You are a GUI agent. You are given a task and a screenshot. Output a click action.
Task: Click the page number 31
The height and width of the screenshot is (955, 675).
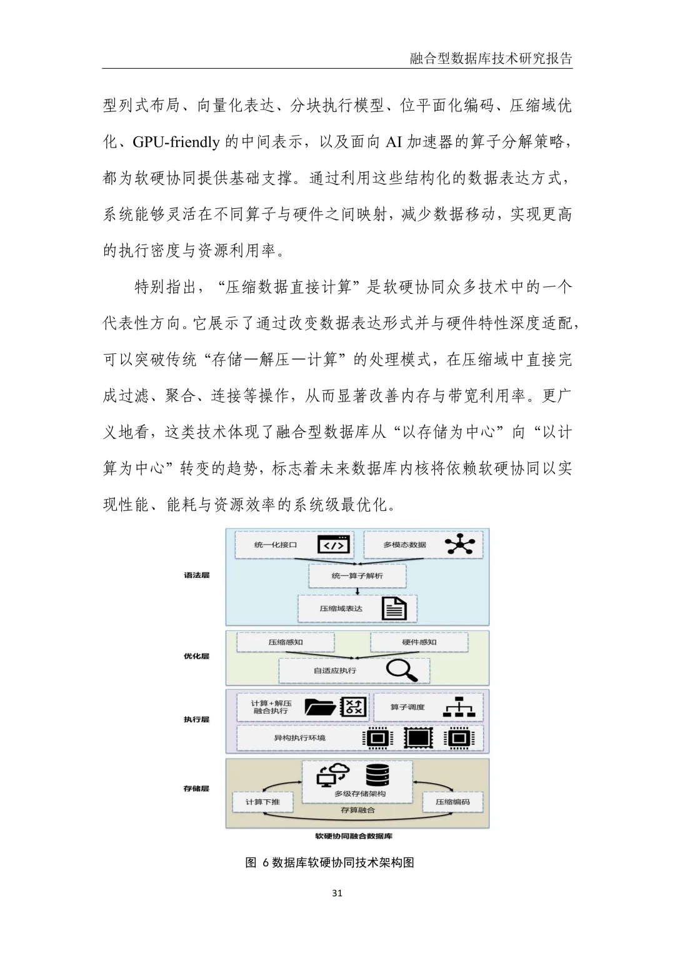click(x=337, y=893)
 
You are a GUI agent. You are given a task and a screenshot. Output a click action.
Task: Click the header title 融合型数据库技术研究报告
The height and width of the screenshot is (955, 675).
click(x=491, y=59)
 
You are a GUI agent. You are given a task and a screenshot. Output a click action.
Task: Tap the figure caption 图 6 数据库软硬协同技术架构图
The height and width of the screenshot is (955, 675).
click(x=330, y=862)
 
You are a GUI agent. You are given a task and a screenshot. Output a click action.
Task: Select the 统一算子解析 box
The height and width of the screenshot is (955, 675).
click(x=357, y=575)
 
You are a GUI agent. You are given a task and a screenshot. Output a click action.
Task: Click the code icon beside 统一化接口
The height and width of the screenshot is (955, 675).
click(x=333, y=545)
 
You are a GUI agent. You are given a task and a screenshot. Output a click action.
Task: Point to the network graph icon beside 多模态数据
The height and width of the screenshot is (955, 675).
click(x=459, y=545)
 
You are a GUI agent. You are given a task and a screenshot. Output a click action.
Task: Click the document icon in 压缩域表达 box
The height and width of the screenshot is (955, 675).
click(x=394, y=608)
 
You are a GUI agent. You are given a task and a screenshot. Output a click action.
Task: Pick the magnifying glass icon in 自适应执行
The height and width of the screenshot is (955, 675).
click(x=401, y=670)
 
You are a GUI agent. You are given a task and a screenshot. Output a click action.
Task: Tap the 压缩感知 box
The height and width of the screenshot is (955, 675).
click(x=286, y=642)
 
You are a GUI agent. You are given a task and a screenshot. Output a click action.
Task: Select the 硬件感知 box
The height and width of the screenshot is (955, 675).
click(x=419, y=642)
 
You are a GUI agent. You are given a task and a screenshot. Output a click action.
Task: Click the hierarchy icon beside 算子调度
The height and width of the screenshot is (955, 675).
click(x=459, y=707)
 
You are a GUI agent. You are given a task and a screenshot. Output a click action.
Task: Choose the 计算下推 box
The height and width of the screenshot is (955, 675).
click(x=262, y=802)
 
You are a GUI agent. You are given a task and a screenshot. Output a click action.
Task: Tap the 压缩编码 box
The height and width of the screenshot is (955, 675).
click(x=452, y=802)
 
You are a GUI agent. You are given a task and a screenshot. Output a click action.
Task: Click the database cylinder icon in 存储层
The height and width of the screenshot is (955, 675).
click(x=377, y=775)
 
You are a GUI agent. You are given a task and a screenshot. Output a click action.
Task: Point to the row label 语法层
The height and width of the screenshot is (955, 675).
click(x=196, y=575)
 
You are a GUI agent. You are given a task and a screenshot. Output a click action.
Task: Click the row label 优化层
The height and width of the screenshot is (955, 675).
click(x=196, y=657)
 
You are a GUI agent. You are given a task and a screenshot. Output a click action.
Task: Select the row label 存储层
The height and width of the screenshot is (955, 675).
click(x=196, y=789)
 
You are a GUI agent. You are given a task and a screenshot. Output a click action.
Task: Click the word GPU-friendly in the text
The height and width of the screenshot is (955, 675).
click(x=176, y=142)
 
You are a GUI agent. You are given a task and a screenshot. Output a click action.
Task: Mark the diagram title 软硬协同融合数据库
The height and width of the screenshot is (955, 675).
click(x=354, y=836)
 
